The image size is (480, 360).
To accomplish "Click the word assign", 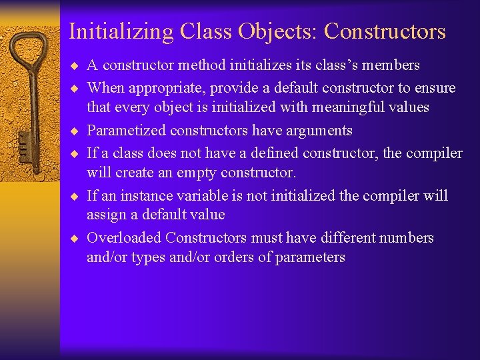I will coord(105,215).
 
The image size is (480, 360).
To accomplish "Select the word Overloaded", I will coord(124,237).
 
